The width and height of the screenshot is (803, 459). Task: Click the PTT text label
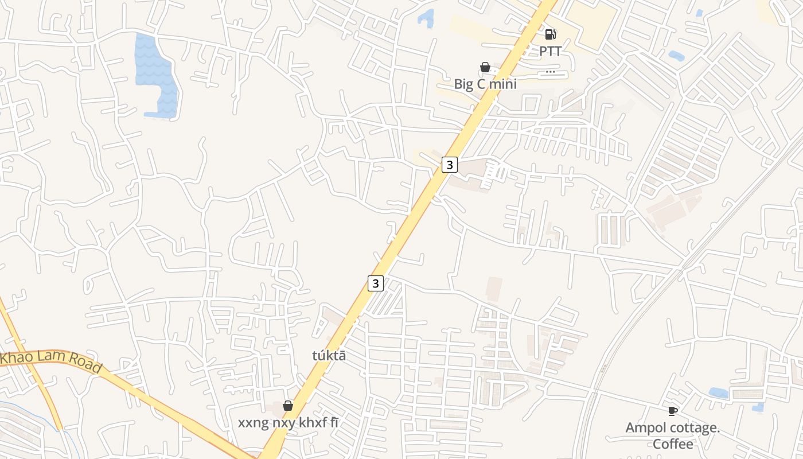tap(549, 51)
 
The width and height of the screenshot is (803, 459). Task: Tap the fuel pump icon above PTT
tap(550, 34)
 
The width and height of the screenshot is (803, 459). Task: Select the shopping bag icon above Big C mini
tap(485, 68)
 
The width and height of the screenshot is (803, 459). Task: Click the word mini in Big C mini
tap(502, 84)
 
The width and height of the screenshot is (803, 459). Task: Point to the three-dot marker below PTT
tap(550, 72)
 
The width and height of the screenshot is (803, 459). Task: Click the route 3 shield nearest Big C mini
tap(450, 165)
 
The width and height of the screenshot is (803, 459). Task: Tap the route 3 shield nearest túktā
tap(375, 283)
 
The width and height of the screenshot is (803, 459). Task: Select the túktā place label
tap(329, 356)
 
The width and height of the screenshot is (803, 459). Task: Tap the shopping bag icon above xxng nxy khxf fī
tap(288, 406)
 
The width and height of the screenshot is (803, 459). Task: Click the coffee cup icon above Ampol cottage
tap(672, 411)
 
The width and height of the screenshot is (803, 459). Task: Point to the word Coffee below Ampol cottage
tap(672, 444)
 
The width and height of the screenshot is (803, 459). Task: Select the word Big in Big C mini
tap(463, 84)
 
